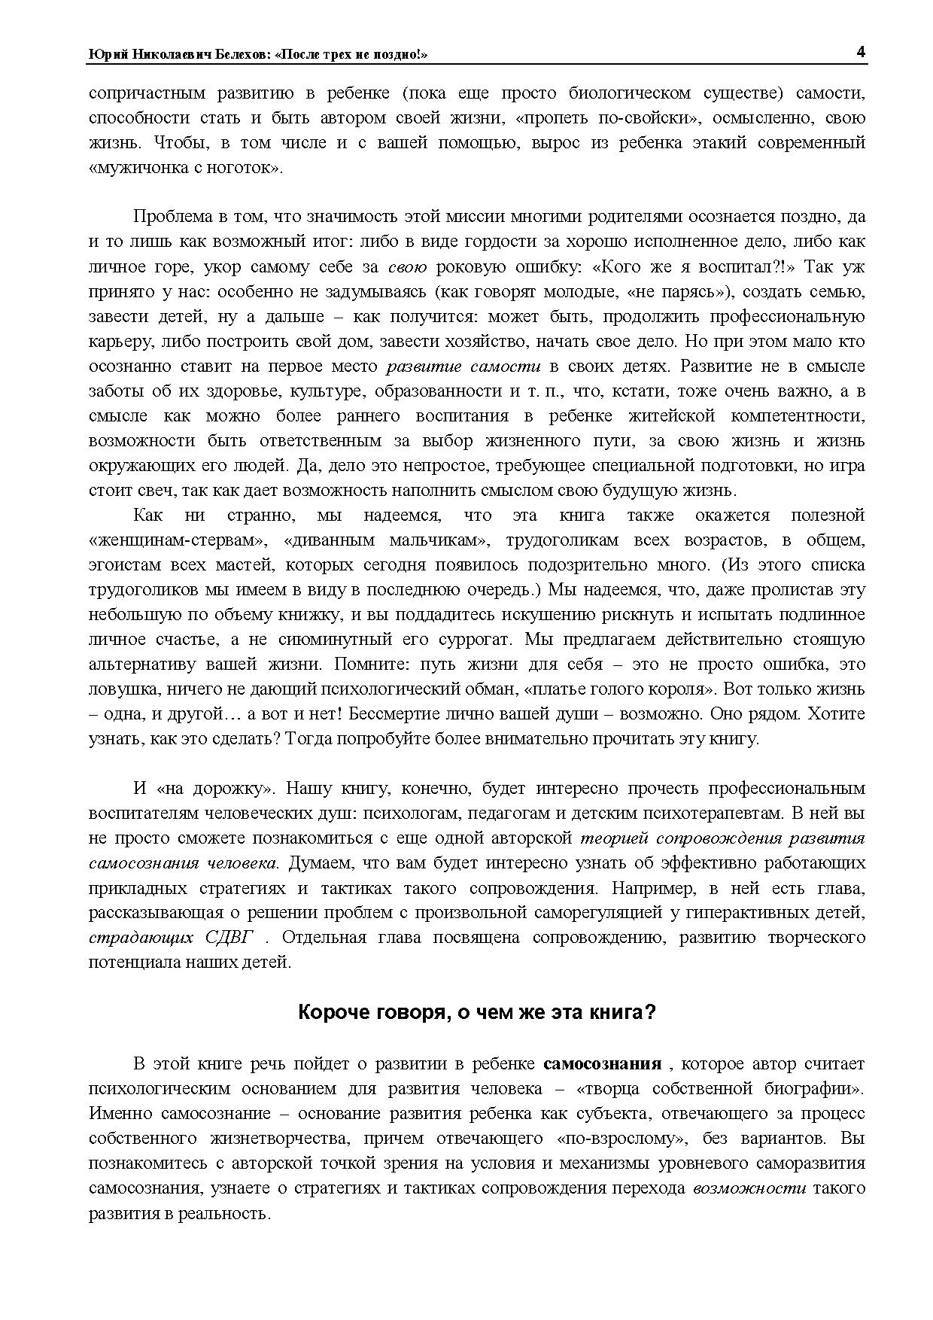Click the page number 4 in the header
coord(860,52)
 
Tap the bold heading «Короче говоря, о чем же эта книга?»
coord(477,1012)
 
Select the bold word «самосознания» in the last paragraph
coord(602,1063)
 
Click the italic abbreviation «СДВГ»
coord(229,938)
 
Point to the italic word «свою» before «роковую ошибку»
coord(408,266)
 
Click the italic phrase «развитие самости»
coord(463,366)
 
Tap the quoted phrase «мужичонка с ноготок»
coord(185,168)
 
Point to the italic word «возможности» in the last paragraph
coord(749,1188)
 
